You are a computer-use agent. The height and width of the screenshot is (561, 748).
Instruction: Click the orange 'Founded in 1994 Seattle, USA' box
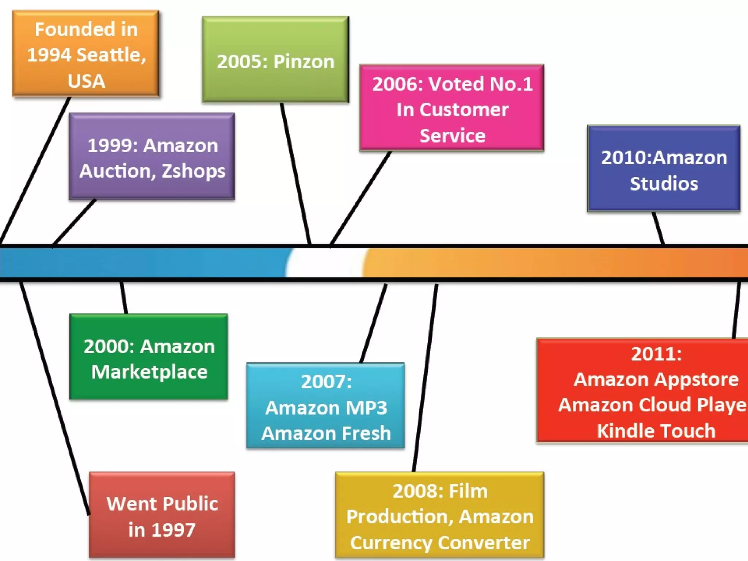click(86, 54)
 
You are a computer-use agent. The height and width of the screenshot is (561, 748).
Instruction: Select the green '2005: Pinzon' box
click(275, 59)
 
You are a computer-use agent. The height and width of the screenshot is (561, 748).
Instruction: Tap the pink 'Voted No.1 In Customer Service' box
click(452, 108)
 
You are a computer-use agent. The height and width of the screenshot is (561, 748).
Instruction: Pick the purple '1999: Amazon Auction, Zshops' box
click(152, 156)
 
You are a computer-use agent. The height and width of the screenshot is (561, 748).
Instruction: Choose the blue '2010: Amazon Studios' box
click(664, 168)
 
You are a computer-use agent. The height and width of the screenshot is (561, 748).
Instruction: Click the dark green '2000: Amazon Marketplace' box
click(149, 357)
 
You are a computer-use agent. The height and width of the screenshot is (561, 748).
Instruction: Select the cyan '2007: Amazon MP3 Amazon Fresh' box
click(325, 405)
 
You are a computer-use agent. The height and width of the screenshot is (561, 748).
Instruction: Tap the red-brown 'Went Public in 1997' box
click(162, 515)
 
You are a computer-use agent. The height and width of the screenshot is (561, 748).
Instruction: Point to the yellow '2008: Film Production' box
click(440, 515)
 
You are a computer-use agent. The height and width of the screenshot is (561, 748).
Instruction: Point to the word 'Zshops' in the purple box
click(194, 171)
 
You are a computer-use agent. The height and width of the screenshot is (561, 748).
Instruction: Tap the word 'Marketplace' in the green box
click(149, 372)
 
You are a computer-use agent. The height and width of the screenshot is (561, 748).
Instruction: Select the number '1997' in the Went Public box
click(173, 530)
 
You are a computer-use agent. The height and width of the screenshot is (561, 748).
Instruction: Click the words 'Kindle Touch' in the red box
click(656, 431)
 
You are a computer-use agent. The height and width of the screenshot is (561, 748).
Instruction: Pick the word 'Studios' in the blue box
click(664, 183)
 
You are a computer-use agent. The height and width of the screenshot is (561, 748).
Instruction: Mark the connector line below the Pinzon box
click(296, 175)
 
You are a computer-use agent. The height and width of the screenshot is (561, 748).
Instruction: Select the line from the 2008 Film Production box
click(425, 376)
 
